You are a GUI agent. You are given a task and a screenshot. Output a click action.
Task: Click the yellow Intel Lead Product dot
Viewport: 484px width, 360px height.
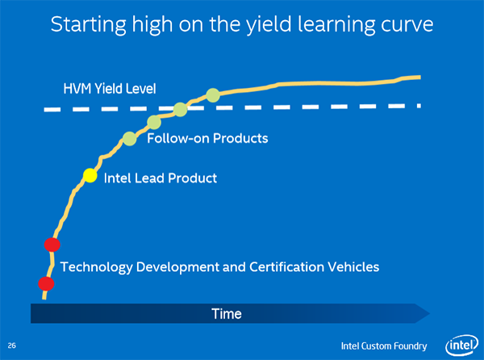90,176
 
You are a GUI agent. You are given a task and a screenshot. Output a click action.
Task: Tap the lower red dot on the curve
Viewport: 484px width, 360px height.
46,284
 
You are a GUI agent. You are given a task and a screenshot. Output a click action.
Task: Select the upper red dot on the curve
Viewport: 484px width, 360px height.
52,245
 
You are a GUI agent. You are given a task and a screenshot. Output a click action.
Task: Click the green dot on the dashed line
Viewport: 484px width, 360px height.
180,109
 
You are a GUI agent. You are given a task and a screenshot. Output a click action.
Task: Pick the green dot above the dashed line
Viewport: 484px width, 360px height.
213,95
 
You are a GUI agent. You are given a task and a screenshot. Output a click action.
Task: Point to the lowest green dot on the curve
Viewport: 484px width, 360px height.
130,139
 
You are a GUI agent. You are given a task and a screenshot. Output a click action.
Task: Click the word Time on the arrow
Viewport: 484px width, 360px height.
227,314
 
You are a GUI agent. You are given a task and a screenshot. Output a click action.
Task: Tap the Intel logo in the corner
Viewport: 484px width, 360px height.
461,345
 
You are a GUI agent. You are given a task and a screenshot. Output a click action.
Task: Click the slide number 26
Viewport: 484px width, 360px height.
12,345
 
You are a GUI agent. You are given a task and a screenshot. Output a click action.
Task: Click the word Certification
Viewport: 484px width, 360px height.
286,267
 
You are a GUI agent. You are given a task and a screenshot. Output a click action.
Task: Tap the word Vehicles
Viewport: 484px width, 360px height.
353,267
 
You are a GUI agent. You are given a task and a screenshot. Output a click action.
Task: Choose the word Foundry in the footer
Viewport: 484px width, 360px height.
411,346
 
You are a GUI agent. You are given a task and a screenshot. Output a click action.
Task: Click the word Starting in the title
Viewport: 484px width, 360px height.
89,25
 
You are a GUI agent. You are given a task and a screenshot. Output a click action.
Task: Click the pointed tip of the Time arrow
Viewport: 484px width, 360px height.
430,313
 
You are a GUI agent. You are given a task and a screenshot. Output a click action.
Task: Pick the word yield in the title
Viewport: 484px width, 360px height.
269,25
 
